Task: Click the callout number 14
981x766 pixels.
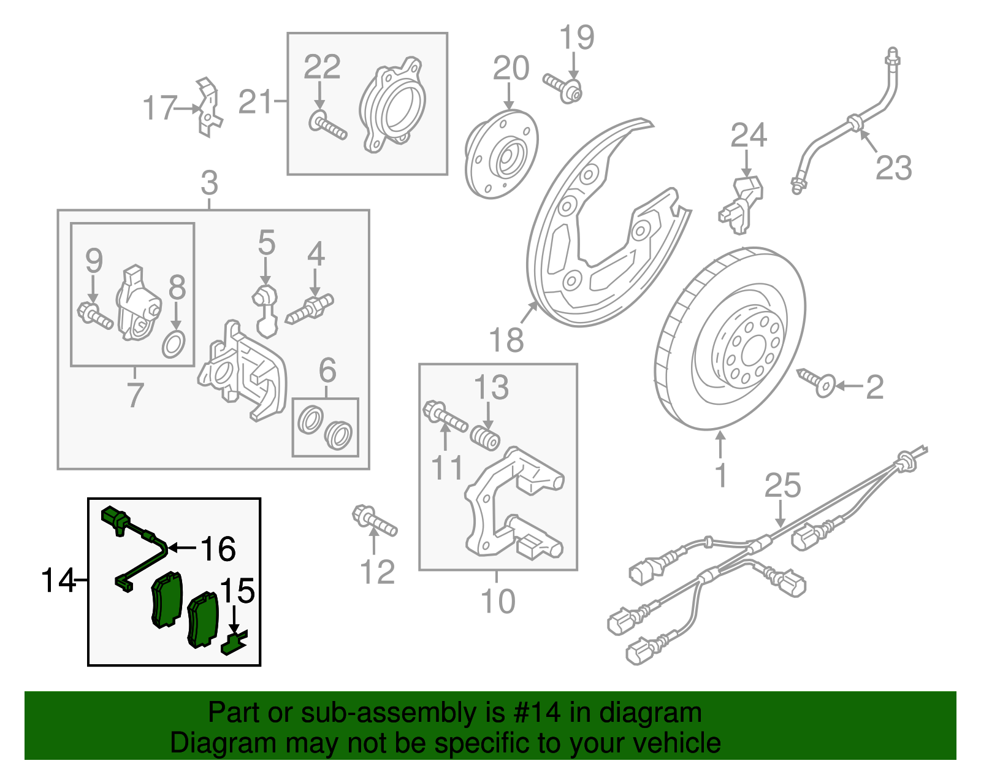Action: point(58,580)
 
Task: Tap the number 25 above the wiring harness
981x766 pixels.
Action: point(782,486)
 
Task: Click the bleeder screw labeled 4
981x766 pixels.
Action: point(310,308)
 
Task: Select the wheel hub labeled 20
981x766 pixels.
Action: point(502,154)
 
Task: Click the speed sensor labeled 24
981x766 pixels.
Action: point(742,203)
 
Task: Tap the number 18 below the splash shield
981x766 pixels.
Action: point(506,340)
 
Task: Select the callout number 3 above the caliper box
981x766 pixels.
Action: point(209,183)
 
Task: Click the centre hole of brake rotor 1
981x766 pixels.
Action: point(751,354)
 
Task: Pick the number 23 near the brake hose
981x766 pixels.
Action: point(893,167)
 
